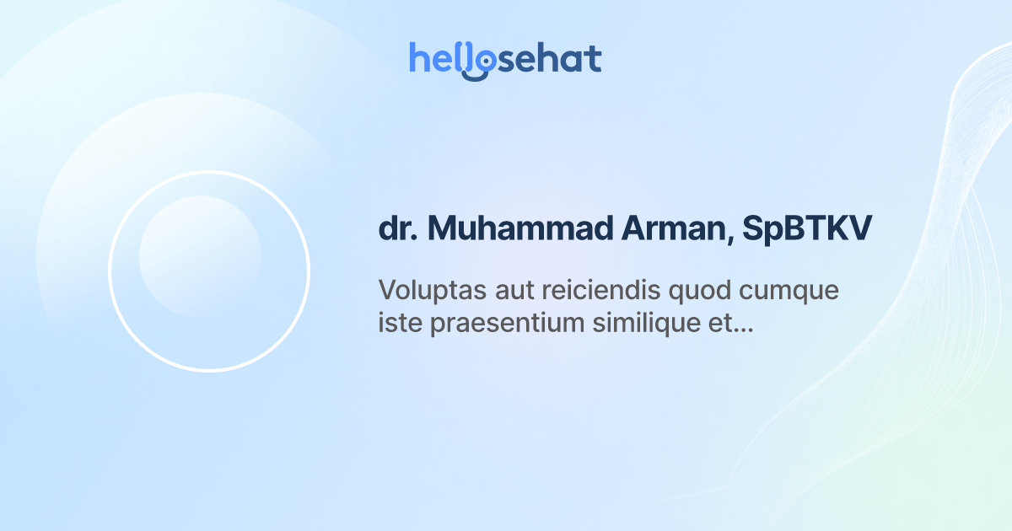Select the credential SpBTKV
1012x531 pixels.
[x=808, y=229]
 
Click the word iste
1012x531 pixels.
[x=401, y=324]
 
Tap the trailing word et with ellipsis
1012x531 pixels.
[x=727, y=324]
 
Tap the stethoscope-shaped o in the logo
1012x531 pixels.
[x=482, y=64]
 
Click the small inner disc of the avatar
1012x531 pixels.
[x=200, y=256]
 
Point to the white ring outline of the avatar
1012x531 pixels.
[x=109, y=271]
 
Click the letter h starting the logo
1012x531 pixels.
[x=418, y=58]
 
